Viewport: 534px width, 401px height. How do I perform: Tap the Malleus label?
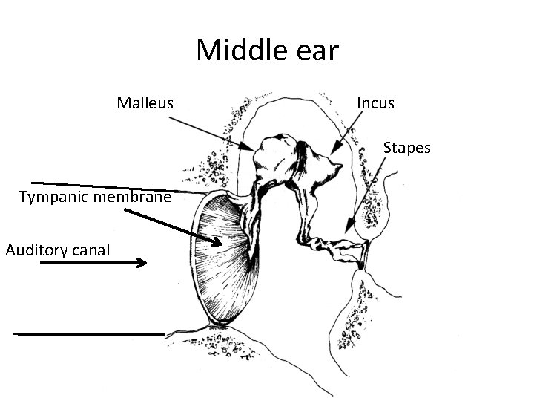tap(145, 102)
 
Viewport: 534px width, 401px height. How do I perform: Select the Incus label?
tap(375, 102)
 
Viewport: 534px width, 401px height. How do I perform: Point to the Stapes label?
tap(406, 148)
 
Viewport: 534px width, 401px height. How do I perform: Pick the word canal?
tap(93, 250)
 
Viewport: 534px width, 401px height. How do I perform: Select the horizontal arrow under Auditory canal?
tap(93, 262)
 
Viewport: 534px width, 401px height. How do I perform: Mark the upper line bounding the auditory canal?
tap(111, 187)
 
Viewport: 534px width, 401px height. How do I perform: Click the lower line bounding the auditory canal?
tap(89, 334)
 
